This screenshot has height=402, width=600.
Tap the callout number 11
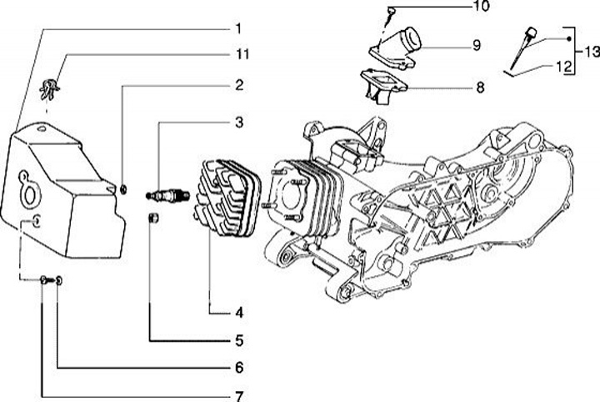coord(240,55)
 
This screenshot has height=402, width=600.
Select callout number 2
coord(238,84)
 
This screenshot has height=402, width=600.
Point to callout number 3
coord(238,123)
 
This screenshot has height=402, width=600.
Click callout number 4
coord(238,314)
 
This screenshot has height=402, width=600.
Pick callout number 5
coord(238,340)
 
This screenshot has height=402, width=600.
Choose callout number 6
coord(238,368)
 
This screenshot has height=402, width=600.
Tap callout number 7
coord(238,395)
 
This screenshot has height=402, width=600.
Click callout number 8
coord(479,86)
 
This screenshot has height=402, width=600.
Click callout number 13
coord(591,52)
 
